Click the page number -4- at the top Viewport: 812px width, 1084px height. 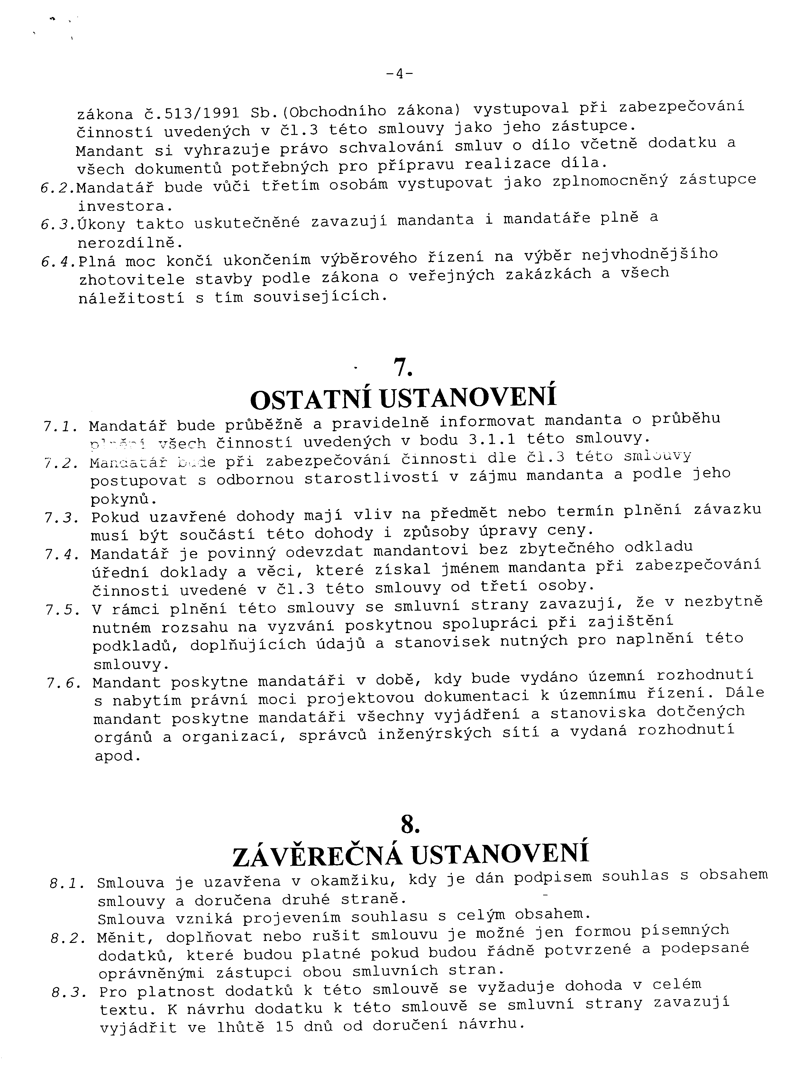point(399,74)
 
